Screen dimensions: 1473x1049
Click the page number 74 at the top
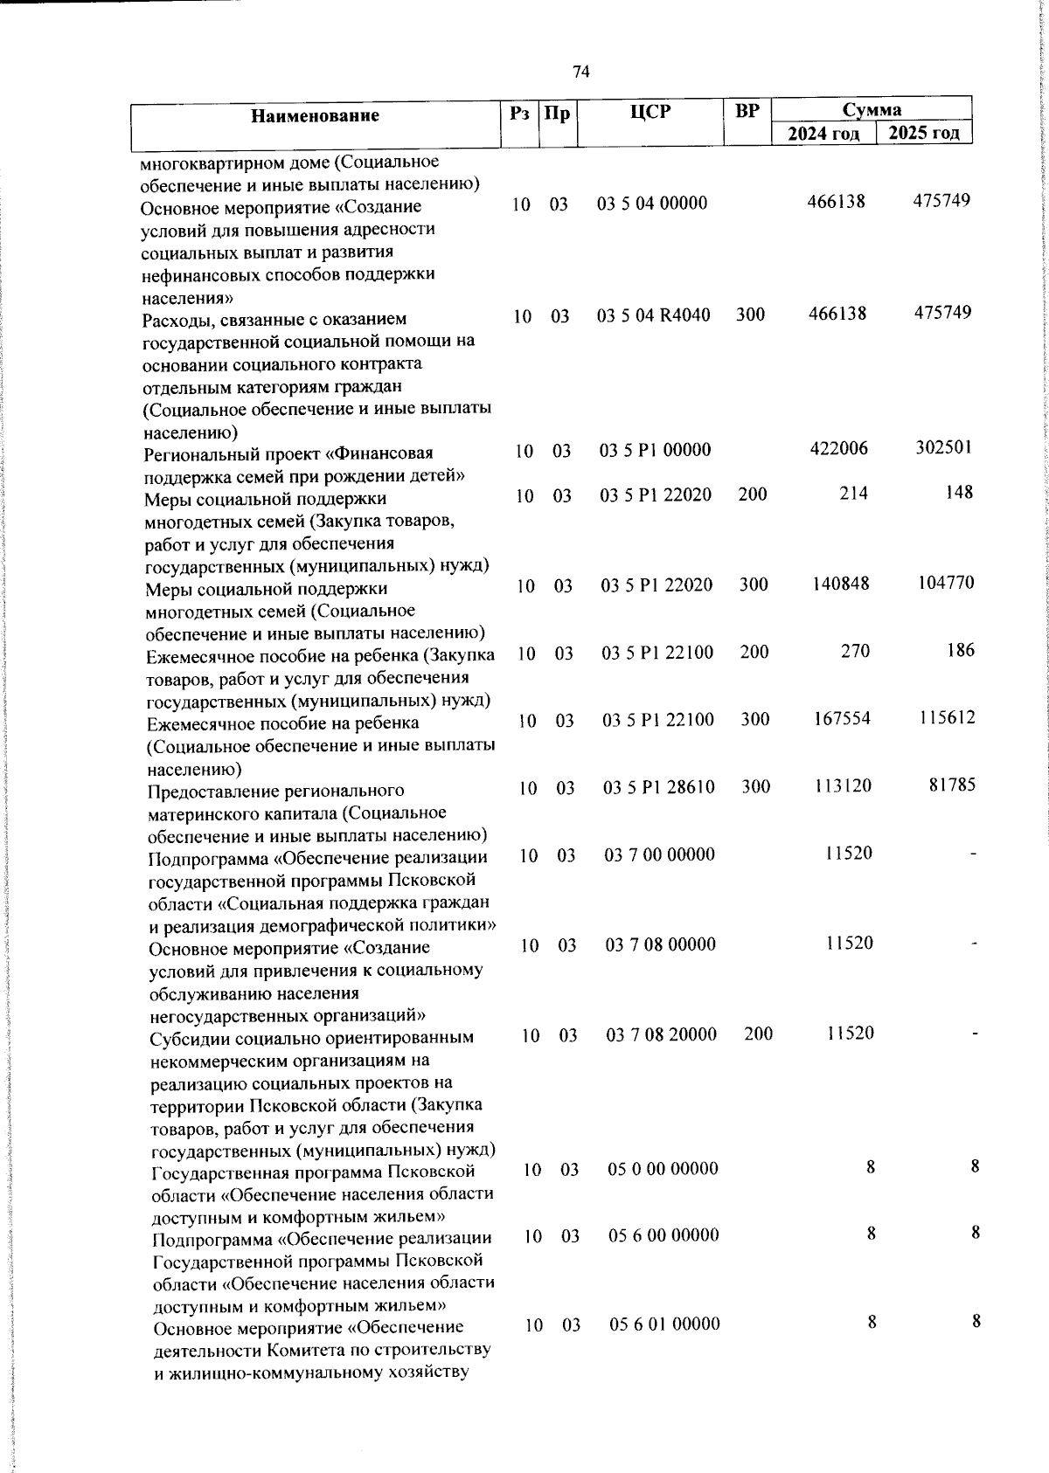pyautogui.click(x=581, y=73)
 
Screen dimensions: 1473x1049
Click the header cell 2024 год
pyautogui.click(x=823, y=134)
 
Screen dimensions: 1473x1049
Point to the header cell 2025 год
pyautogui.click(x=924, y=133)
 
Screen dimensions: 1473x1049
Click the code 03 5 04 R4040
pyautogui.click(x=654, y=315)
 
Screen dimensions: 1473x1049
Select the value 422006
pyautogui.click(x=838, y=449)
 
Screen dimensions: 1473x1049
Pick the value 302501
pyautogui.click(x=943, y=447)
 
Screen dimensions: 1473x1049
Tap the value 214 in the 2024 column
pyautogui.click(x=853, y=494)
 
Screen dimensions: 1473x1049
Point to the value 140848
pyautogui.click(x=840, y=584)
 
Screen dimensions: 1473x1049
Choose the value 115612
pyautogui.click(x=947, y=718)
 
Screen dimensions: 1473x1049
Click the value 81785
pyautogui.click(x=951, y=785)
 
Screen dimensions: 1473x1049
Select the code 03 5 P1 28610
pyautogui.click(x=659, y=787)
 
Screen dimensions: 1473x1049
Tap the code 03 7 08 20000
pyautogui.click(x=662, y=1034)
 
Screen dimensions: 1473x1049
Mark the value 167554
pyautogui.click(x=841, y=718)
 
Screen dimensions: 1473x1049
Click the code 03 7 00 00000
pyautogui.click(x=660, y=854)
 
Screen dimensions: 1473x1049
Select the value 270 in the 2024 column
pyautogui.click(x=855, y=651)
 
